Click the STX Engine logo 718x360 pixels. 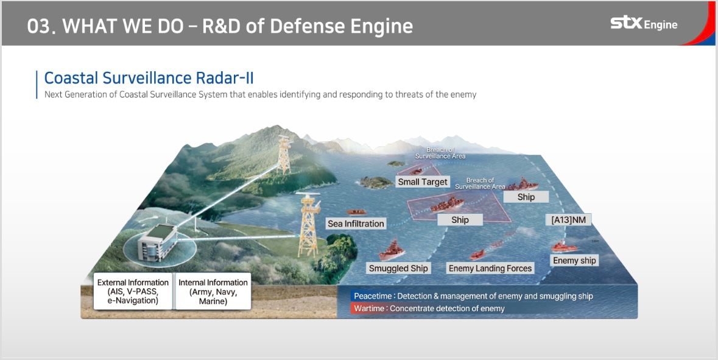[x=644, y=24]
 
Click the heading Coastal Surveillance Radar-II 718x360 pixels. [x=149, y=78]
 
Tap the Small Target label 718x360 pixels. [x=423, y=182]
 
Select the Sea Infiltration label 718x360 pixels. [x=356, y=224]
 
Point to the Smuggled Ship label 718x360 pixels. [x=398, y=268]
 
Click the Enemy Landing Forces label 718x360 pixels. [x=490, y=268]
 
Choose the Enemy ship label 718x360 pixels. [x=574, y=260]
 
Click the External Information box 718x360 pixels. [x=133, y=291]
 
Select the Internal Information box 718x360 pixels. [x=213, y=291]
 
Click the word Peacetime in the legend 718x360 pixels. [x=373, y=296]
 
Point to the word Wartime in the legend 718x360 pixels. [x=370, y=308]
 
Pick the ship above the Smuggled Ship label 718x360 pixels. [x=392, y=251]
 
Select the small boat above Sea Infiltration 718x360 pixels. [x=356, y=212]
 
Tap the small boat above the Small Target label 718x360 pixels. [x=420, y=172]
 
